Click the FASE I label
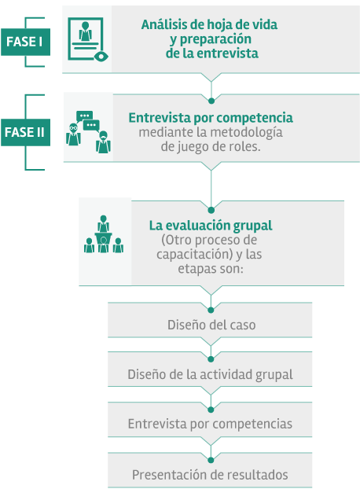[25, 42]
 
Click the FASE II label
[25, 132]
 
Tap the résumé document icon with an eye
[88, 39]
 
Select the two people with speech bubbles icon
[88, 132]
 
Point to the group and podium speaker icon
[104, 234]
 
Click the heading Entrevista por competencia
[211, 118]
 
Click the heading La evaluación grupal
[211, 226]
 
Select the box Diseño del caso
[210, 320]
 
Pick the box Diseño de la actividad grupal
[210, 369]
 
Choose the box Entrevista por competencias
[210, 419]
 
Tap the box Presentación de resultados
[210, 470]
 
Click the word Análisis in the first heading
[161, 24]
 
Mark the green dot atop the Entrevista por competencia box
[211, 101]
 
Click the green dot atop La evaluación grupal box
[211, 210]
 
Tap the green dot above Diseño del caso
[211, 310]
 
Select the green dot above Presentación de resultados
[211, 460]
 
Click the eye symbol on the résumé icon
[101, 57]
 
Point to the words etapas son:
[211, 269]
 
